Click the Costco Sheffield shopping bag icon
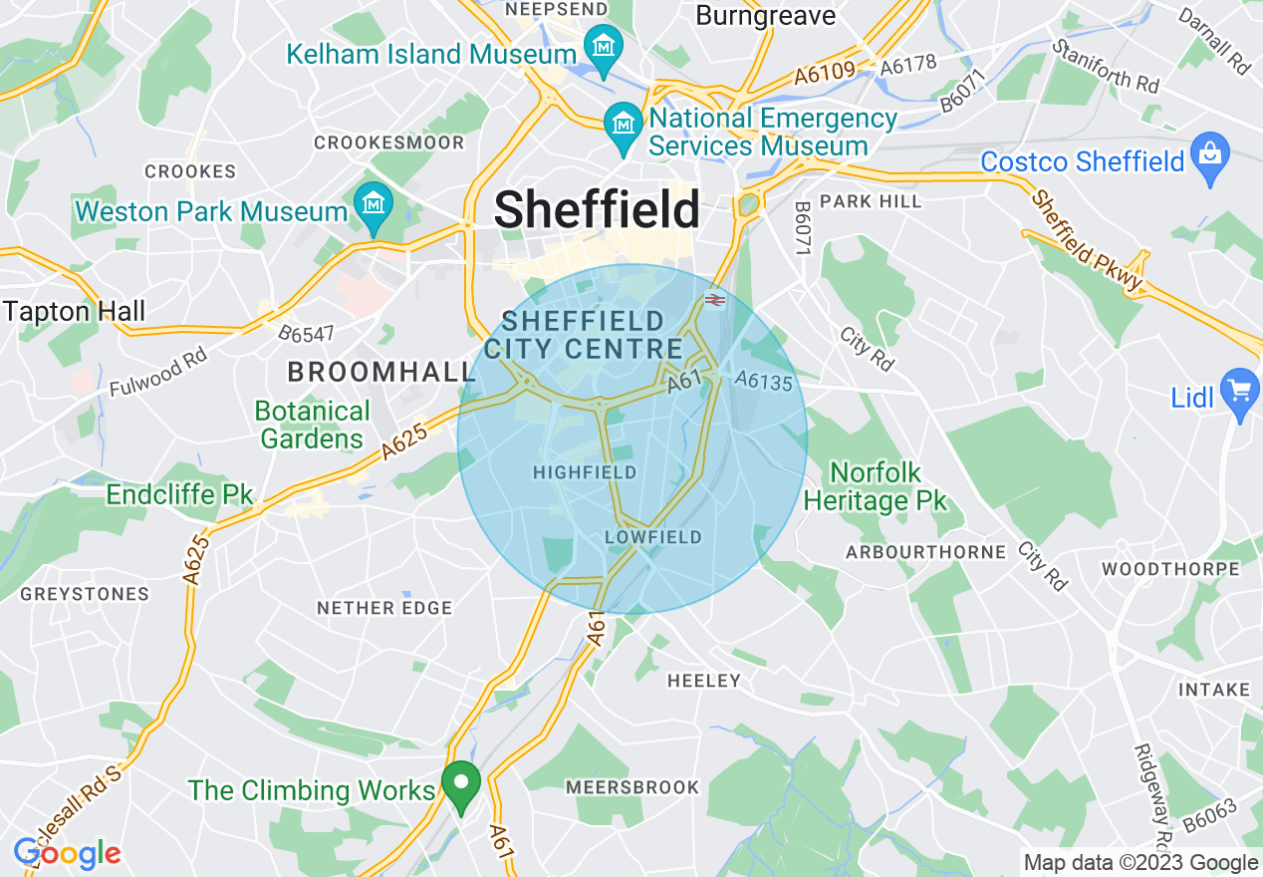point(1210,156)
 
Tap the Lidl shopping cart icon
point(1240,390)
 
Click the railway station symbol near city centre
point(714,299)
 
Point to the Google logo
point(67,853)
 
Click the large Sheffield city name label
point(597,210)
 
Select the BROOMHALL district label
point(381,373)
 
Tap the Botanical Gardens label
point(312,425)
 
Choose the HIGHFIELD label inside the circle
point(585,472)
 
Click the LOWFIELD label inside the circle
point(653,537)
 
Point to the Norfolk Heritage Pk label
point(876,486)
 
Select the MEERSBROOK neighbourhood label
point(632,787)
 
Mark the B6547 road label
point(306,333)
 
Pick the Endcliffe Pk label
point(179,494)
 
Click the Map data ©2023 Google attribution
point(1141,863)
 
